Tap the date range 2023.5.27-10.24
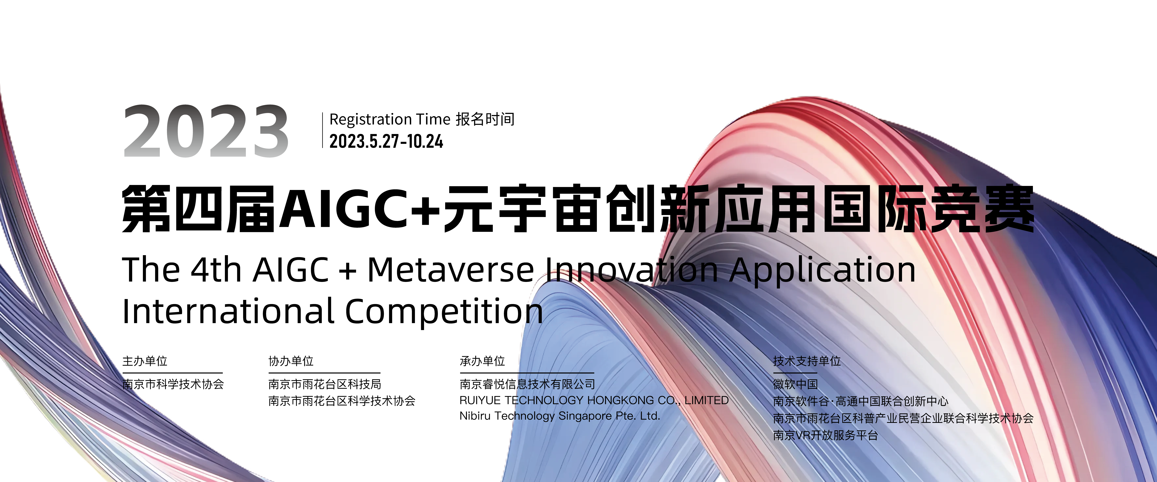[x=386, y=141]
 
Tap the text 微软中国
[x=795, y=384]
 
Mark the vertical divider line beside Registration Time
[x=323, y=130]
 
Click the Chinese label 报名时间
[x=485, y=119]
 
